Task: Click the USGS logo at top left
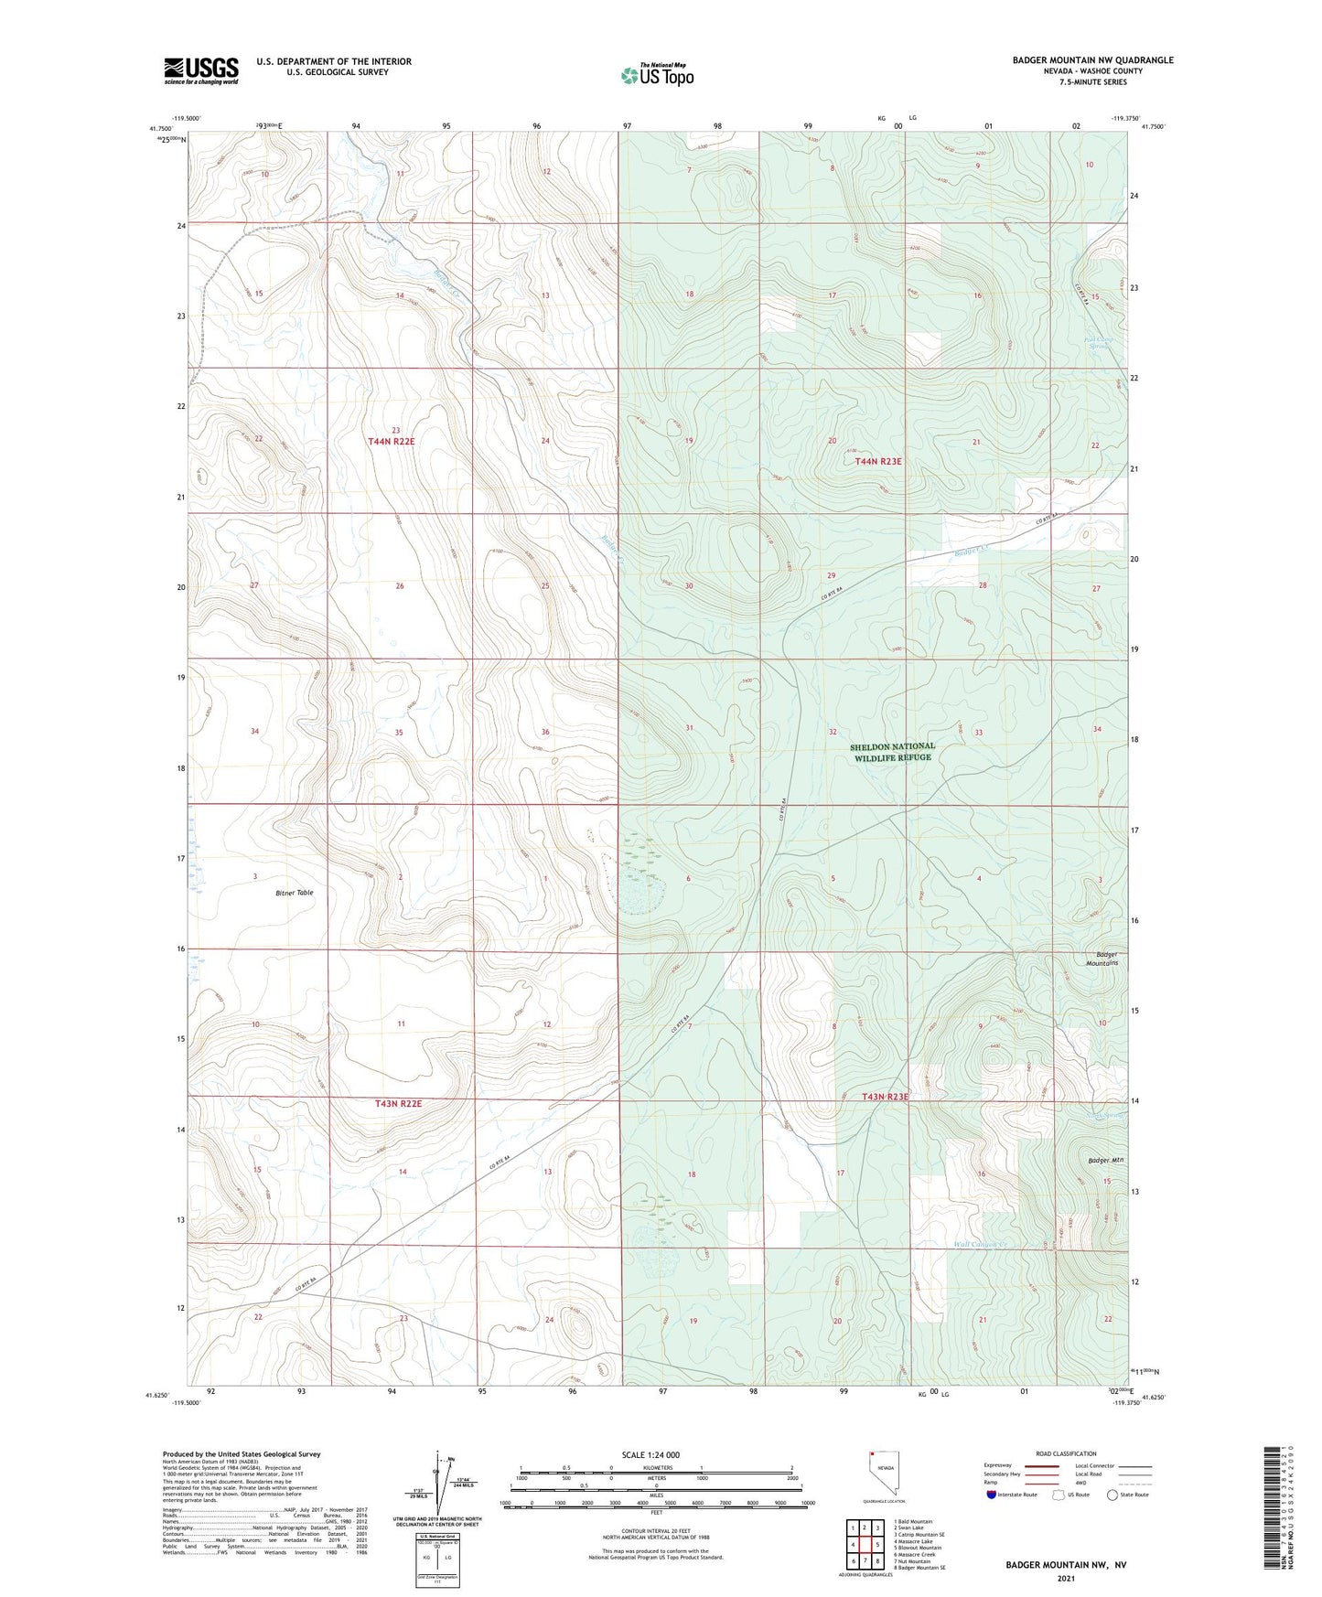coord(201,70)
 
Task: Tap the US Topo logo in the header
coord(657,74)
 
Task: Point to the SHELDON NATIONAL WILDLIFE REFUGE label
coord(892,752)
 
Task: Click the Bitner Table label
coord(294,892)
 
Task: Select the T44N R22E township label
coord(391,442)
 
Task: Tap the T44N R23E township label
coord(877,462)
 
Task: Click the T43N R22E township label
coord(398,1104)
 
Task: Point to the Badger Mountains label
coord(1102,959)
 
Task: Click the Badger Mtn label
coord(1105,1160)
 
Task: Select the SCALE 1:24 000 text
coord(650,1454)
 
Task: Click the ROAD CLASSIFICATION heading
coord(1066,1453)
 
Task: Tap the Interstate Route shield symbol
coord(991,1495)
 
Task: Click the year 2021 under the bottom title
coord(1066,1578)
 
